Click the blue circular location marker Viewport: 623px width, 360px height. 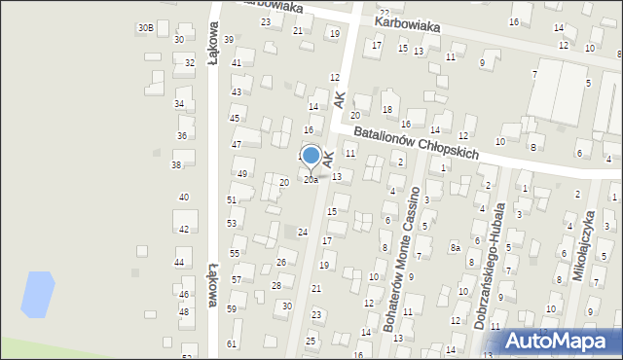311,156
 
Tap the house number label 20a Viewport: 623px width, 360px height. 311,180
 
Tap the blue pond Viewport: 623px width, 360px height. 34,294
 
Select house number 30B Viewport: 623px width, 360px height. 145,27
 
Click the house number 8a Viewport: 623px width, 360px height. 455,248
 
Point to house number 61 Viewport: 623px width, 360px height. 232,343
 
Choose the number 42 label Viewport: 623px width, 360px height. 183,230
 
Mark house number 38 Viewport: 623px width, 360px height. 176,165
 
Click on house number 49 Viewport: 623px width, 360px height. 242,173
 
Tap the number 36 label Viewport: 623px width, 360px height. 182,135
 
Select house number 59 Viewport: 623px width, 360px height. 232,309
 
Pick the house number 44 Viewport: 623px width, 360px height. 179,263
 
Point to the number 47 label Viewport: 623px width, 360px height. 237,144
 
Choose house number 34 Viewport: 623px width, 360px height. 179,103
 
